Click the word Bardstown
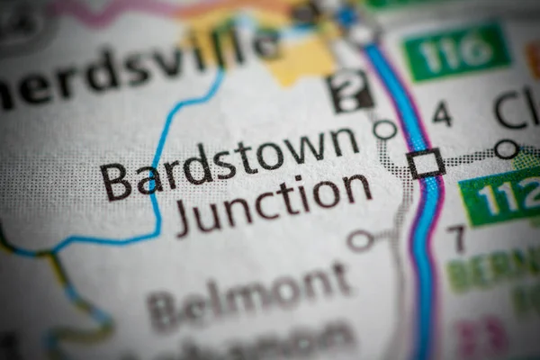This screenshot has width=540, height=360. (x=229, y=162)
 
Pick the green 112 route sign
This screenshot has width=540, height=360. (x=500, y=195)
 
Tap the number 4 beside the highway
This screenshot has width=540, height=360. (x=441, y=114)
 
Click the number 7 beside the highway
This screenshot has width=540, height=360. (x=457, y=238)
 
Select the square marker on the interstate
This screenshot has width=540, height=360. (x=425, y=163)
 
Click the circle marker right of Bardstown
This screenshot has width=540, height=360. (x=385, y=130)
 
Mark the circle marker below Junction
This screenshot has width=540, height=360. (x=360, y=240)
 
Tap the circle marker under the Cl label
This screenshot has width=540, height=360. (x=507, y=148)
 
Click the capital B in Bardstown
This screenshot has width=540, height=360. (x=117, y=181)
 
